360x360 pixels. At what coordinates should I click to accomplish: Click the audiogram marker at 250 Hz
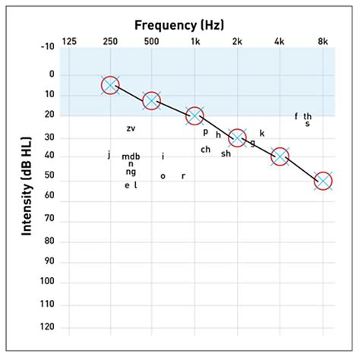(x=110, y=84)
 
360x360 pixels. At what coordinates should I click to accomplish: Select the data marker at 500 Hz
(x=152, y=100)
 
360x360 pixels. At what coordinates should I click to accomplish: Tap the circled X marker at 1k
(x=195, y=115)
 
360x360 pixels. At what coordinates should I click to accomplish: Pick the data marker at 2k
(x=238, y=137)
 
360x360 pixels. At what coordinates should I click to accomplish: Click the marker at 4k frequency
(x=280, y=156)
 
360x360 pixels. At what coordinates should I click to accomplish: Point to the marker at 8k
(x=323, y=181)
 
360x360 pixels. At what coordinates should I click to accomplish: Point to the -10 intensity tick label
(x=49, y=48)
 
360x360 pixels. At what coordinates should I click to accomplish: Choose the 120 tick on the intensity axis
(x=49, y=327)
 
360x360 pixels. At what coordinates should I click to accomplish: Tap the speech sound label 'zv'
(x=131, y=128)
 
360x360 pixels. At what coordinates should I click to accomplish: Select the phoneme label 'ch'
(x=206, y=150)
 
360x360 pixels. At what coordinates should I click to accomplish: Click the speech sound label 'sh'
(x=226, y=154)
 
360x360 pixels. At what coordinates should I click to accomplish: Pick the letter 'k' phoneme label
(x=262, y=134)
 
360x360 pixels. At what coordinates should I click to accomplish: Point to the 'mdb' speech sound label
(x=131, y=156)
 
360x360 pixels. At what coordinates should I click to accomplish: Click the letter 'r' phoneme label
(x=183, y=176)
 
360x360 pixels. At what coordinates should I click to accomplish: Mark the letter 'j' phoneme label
(x=109, y=155)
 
